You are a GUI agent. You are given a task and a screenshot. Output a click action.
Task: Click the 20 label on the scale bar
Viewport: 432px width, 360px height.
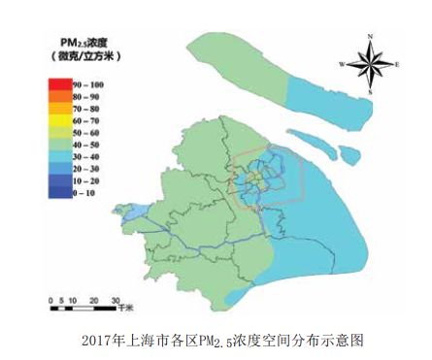[89, 301]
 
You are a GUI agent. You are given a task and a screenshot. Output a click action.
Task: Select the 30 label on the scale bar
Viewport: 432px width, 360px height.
[115, 301]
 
